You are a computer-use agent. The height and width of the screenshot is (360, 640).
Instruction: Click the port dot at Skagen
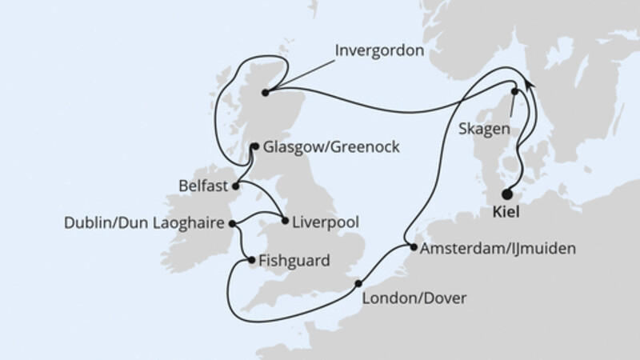(x=514, y=92)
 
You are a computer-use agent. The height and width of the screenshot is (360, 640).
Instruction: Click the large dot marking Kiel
(x=506, y=194)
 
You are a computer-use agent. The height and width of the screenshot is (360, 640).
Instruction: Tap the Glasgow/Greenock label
(x=323, y=147)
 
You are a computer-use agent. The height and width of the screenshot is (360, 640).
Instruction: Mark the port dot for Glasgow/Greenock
(x=254, y=146)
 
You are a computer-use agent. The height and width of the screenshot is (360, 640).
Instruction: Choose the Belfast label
(x=201, y=186)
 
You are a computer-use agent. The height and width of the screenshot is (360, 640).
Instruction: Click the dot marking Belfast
(x=234, y=186)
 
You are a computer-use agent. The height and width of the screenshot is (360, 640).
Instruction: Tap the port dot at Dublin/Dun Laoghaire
(x=232, y=224)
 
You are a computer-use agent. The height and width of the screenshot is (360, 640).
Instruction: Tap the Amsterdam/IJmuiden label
(x=496, y=249)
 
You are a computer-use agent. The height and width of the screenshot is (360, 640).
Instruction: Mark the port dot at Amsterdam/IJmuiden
(x=413, y=248)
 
